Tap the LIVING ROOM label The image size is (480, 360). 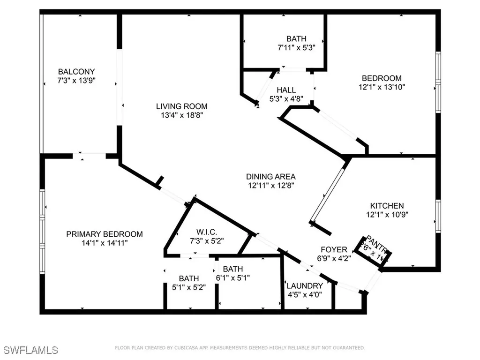coord(182,106)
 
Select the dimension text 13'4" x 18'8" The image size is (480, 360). coord(182,115)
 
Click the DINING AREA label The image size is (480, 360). coord(271,177)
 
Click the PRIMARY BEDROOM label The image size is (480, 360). coord(104,234)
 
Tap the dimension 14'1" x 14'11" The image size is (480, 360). coord(104,243)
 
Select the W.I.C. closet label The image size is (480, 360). coord(207,232)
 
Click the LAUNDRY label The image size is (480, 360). coord(305,286)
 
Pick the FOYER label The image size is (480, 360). coord(334,249)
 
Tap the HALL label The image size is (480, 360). coord(286,90)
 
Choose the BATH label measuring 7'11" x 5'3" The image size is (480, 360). coord(296,39)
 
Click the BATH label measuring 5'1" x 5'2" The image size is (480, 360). coord(188,278)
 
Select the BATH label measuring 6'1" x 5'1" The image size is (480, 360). coord(232,269)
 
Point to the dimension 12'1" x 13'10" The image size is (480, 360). coord(381,87)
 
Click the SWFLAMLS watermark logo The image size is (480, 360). coord(31,350)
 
